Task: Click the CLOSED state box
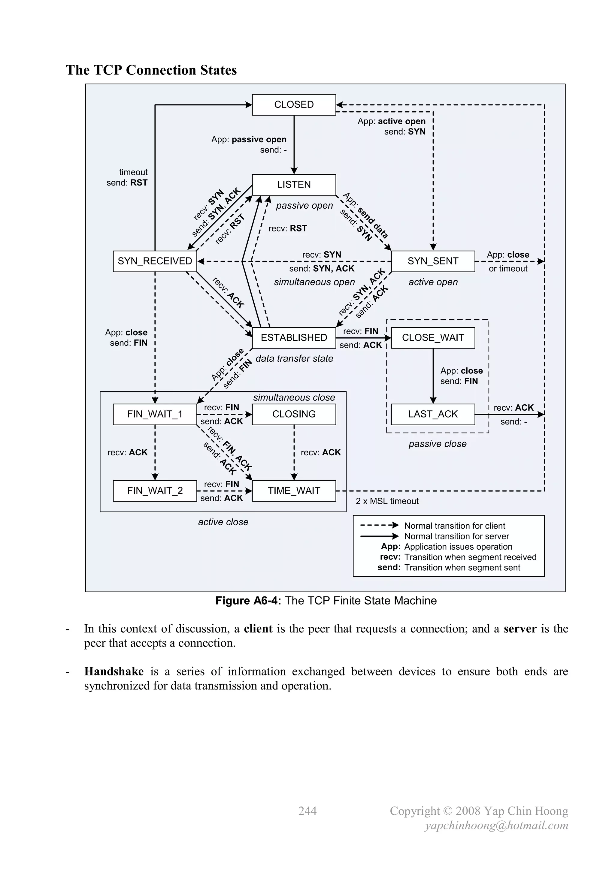pyautogui.click(x=294, y=105)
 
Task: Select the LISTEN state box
pyautogui.click(x=294, y=185)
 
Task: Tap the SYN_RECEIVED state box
pyautogui.click(x=155, y=261)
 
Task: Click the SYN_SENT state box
pyautogui.click(x=433, y=261)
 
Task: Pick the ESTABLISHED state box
pyautogui.click(x=294, y=338)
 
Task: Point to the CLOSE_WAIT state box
pyautogui.click(x=433, y=338)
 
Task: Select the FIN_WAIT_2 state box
pyautogui.click(x=155, y=491)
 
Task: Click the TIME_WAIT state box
pyautogui.click(x=294, y=491)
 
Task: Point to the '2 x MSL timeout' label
pyautogui.click(x=387, y=501)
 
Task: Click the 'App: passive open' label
pyautogui.click(x=249, y=140)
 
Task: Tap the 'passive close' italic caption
pyautogui.click(x=438, y=444)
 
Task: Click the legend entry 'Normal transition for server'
pyautogui.click(x=456, y=536)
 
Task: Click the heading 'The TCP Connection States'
pyautogui.click(x=151, y=70)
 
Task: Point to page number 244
pyautogui.click(x=307, y=811)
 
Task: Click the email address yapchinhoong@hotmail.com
pyautogui.click(x=496, y=825)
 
